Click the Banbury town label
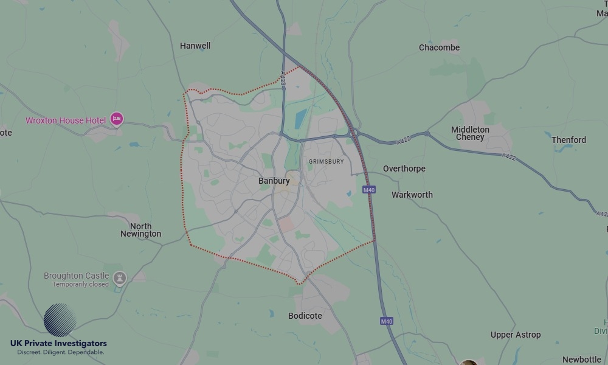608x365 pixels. click(x=274, y=181)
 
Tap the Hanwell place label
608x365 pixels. click(x=195, y=46)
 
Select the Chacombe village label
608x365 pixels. click(x=439, y=47)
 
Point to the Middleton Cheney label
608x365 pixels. click(x=470, y=133)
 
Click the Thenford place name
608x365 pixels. click(x=568, y=140)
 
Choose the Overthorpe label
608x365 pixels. click(x=404, y=169)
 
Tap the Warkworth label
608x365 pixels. click(x=412, y=195)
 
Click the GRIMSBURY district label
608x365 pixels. click(x=326, y=162)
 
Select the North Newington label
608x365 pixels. click(x=140, y=230)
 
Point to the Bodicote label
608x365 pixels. click(x=305, y=316)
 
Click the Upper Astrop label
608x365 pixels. click(x=516, y=335)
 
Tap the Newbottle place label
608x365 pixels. click(x=582, y=360)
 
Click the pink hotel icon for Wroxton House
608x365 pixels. click(x=117, y=120)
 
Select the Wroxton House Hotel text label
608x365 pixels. click(x=66, y=120)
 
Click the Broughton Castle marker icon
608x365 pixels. click(x=120, y=279)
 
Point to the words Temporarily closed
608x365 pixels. click(x=80, y=284)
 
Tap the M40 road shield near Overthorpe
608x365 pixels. click(x=369, y=190)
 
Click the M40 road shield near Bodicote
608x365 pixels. click(x=386, y=321)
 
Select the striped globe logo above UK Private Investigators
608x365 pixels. click(x=60, y=320)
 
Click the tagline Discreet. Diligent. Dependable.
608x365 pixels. click(x=61, y=352)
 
